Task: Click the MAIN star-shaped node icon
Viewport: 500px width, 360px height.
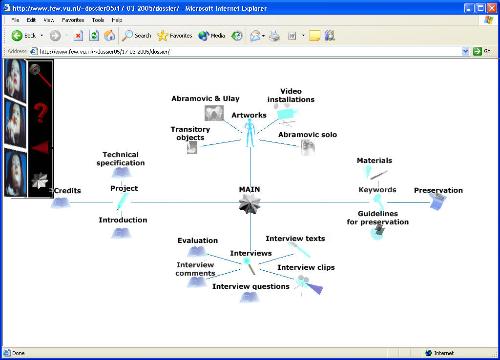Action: coord(250,203)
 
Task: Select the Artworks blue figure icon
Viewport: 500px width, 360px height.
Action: coord(250,133)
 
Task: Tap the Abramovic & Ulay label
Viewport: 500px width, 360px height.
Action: coord(206,99)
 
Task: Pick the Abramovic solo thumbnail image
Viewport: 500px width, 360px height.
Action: coord(308,147)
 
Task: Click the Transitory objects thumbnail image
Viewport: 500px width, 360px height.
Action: coord(192,148)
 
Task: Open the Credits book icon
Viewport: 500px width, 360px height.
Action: coord(61,202)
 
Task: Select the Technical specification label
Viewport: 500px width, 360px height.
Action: coord(121,159)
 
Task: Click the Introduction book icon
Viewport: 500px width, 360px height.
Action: coord(121,233)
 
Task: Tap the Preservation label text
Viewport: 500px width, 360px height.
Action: coord(438,190)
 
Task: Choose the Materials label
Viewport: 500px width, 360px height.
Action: coord(375,160)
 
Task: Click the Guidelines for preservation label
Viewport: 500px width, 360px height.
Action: coord(378,218)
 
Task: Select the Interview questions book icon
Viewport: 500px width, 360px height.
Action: coord(250,297)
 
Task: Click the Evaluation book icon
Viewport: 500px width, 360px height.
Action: coord(197,252)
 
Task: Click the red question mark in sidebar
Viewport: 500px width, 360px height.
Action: coord(41,113)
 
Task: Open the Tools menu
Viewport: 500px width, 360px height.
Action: coord(98,20)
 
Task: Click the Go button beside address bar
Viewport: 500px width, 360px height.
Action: coord(482,51)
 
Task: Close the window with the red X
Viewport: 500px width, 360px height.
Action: coord(492,8)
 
